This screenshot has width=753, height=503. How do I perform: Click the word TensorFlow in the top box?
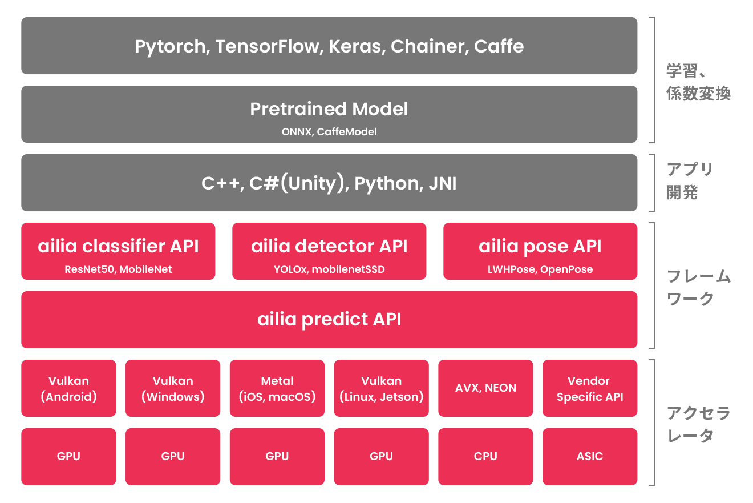[268, 46]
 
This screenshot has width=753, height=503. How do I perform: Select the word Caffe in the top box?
[499, 46]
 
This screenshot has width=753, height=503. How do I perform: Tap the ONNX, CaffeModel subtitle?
[329, 131]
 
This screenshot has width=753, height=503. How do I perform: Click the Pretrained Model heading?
[329, 109]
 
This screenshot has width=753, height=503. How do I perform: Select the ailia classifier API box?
[118, 251]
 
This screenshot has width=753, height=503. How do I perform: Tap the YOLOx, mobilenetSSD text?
[329, 269]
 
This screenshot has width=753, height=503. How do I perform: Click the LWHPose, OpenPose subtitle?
[540, 269]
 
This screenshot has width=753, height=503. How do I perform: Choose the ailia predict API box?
[329, 320]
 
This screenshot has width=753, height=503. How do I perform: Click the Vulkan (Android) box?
[68, 388]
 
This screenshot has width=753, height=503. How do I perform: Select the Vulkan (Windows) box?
[173, 388]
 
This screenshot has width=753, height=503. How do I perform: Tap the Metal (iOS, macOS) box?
[277, 388]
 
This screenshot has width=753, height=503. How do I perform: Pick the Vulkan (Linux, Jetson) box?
[381, 388]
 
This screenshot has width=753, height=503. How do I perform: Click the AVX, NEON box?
[486, 388]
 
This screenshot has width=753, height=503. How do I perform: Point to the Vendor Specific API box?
[590, 388]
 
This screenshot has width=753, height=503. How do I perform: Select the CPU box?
[486, 457]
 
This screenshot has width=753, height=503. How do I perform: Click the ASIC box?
[590, 457]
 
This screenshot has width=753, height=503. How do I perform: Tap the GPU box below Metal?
[277, 457]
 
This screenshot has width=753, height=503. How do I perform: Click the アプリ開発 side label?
[689, 180]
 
